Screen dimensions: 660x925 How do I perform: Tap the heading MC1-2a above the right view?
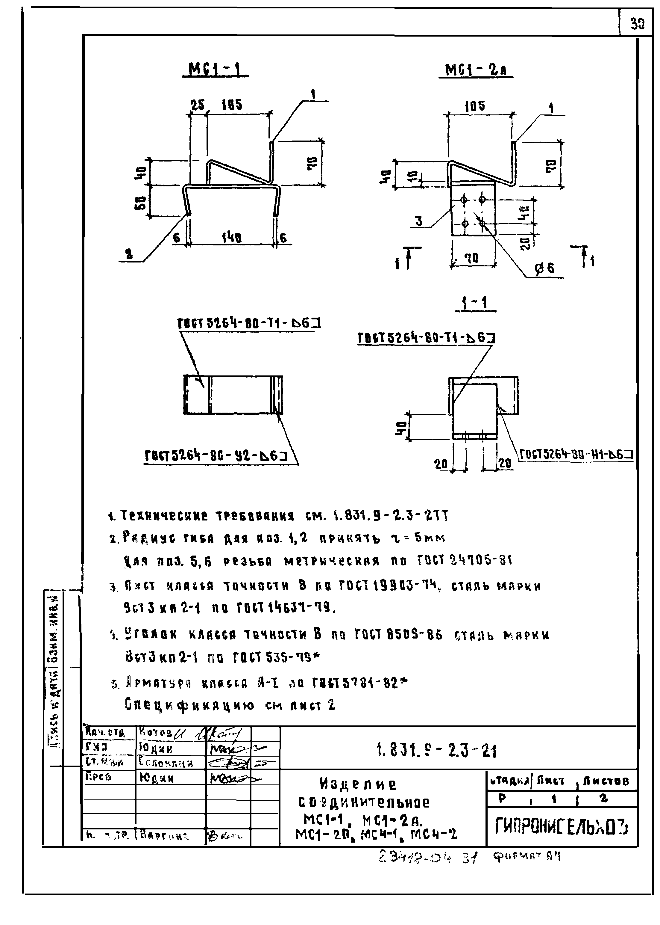click(476, 70)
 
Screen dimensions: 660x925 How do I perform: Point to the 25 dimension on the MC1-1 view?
click(198, 106)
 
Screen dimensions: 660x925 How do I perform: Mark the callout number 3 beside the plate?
click(418, 221)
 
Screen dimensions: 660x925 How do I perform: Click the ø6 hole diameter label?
click(544, 268)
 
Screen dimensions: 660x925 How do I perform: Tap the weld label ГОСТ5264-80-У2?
click(216, 456)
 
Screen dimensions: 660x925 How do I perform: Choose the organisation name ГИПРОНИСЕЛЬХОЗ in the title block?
click(561, 826)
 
